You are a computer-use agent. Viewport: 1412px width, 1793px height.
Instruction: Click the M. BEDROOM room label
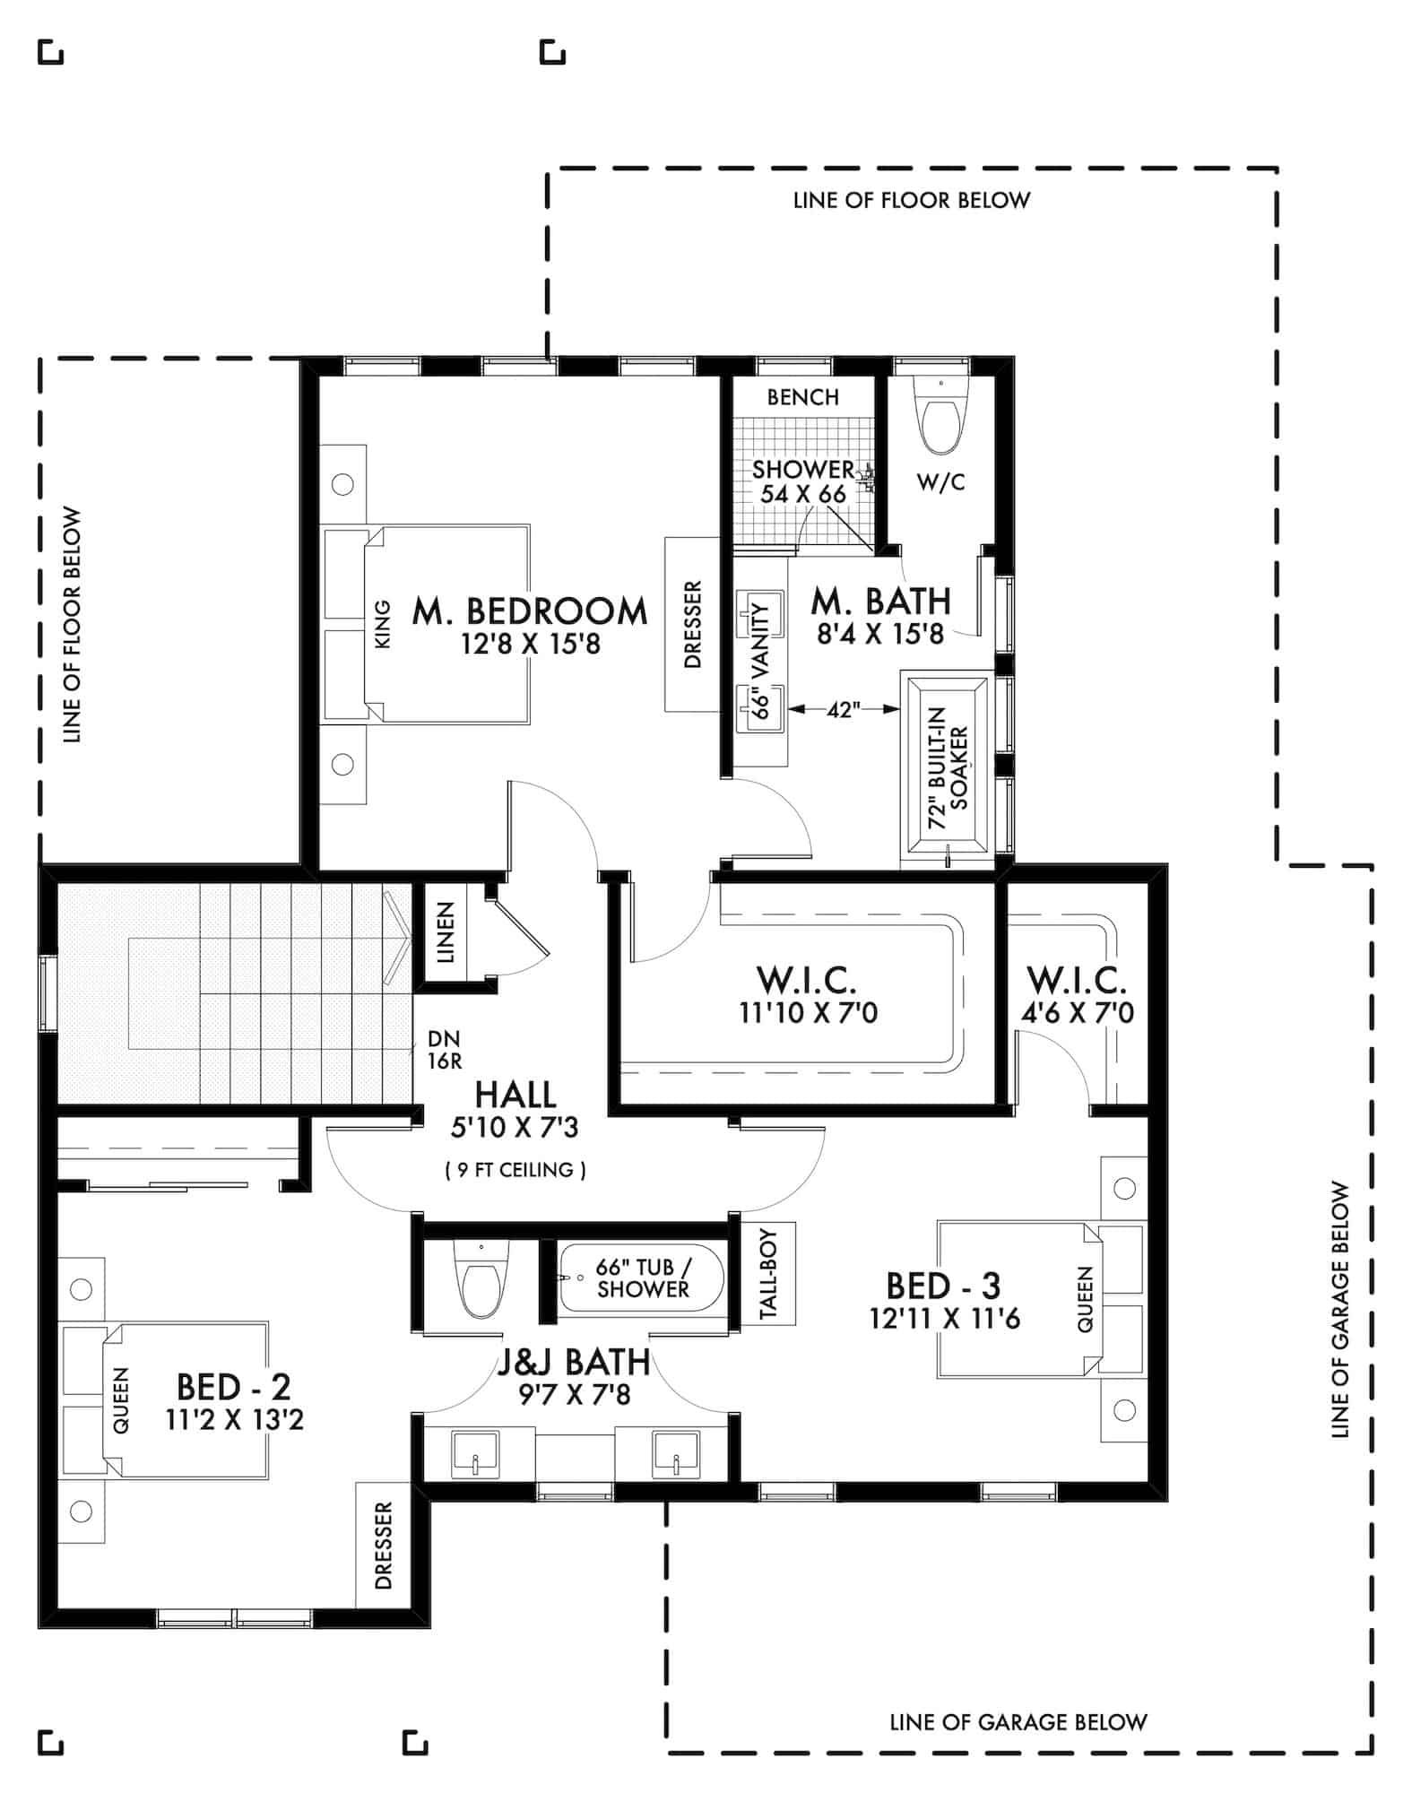pyautogui.click(x=529, y=611)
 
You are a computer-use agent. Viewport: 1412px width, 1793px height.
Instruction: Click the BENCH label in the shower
pyautogui.click(x=802, y=397)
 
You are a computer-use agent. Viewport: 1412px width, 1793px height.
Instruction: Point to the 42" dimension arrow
pyautogui.click(x=843, y=710)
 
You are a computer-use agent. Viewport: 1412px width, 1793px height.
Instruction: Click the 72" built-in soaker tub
pyautogui.click(x=948, y=768)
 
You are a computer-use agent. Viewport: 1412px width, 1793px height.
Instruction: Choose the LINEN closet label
pyautogui.click(x=446, y=932)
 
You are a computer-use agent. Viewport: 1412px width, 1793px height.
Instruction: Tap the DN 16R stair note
pyautogui.click(x=444, y=1050)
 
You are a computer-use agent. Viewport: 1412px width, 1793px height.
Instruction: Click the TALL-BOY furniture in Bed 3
pyautogui.click(x=768, y=1273)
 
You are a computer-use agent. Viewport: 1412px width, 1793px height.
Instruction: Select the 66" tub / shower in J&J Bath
pyautogui.click(x=642, y=1278)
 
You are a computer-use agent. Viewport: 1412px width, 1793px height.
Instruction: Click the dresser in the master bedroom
pyautogui.click(x=692, y=625)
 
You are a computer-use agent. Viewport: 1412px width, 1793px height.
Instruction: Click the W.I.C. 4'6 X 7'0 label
pyautogui.click(x=1077, y=995)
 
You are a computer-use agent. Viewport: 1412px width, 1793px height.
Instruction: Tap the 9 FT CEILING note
pyautogui.click(x=515, y=1170)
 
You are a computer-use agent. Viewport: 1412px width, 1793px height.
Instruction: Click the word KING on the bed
pyautogui.click(x=382, y=625)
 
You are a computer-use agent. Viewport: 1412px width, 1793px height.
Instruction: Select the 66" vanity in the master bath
pyautogui.click(x=761, y=661)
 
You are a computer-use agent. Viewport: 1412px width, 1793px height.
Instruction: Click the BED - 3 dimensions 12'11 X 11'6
pyautogui.click(x=944, y=1319)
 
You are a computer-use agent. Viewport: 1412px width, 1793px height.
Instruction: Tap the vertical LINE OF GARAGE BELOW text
pyautogui.click(x=1339, y=1309)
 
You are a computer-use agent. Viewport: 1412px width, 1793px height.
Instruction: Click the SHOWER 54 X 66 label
pyautogui.click(x=802, y=481)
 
